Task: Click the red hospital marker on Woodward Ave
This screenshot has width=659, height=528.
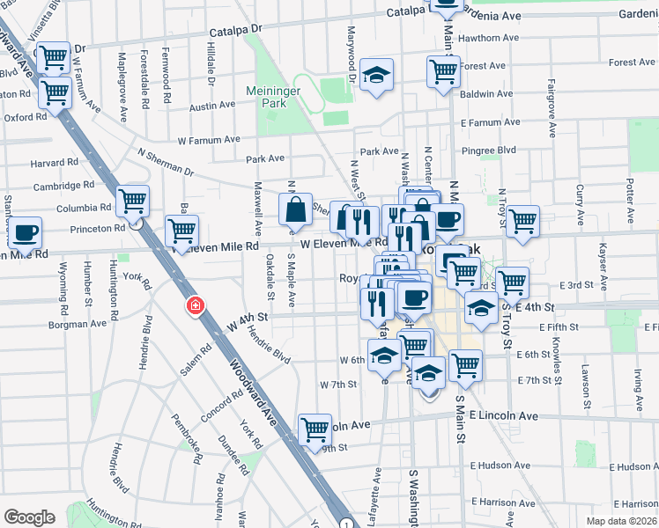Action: [x=195, y=306]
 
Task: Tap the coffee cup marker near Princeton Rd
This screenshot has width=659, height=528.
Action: [x=25, y=232]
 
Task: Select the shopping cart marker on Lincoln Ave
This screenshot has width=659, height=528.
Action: [x=315, y=429]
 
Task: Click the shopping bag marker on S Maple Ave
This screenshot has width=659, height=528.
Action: [x=296, y=209]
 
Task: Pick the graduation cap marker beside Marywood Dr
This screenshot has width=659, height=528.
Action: [x=377, y=76]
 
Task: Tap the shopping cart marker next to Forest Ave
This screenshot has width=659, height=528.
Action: [x=443, y=71]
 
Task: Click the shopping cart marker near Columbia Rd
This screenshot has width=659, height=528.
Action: [x=132, y=201]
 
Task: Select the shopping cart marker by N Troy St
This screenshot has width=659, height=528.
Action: [x=522, y=220]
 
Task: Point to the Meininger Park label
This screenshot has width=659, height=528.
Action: [x=272, y=96]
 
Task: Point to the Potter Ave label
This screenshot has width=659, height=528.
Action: [x=629, y=200]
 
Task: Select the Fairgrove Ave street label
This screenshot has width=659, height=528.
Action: [x=551, y=111]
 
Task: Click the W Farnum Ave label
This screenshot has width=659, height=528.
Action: [x=209, y=139]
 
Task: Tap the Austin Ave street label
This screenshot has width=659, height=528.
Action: [x=212, y=105]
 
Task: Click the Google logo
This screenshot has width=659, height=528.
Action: [x=29, y=517]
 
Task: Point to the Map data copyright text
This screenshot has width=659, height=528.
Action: [x=621, y=521]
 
